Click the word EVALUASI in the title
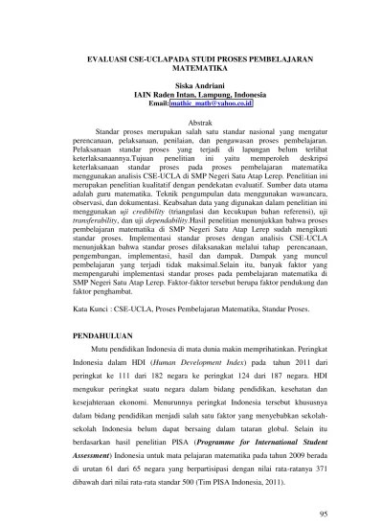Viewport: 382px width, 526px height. (107, 57)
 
